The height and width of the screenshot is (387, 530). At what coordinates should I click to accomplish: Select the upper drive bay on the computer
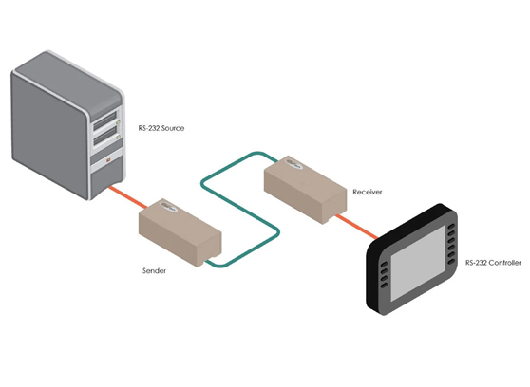pos(112,121)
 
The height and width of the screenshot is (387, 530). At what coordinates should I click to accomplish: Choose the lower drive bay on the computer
pos(112,141)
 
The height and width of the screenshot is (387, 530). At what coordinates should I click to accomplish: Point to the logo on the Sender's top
pos(167,204)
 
